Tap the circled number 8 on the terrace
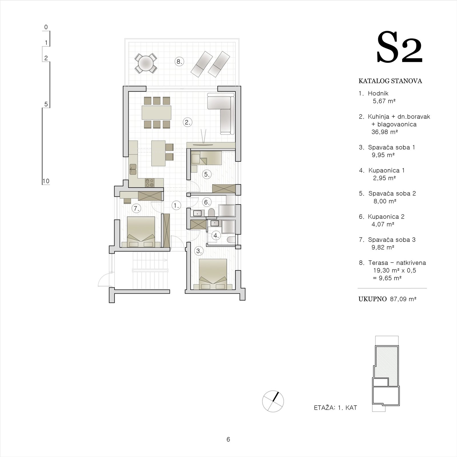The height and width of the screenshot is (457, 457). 179,61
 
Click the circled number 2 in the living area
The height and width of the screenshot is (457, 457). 187,123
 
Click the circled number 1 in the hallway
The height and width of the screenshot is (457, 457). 176,205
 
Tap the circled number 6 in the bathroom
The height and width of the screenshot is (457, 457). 207,202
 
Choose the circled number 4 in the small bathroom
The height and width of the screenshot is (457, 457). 216,236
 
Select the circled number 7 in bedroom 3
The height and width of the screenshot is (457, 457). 137,209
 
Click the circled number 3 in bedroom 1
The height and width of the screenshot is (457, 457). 199,251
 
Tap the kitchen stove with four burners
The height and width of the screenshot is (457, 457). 150,183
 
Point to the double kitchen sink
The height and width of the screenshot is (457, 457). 133,169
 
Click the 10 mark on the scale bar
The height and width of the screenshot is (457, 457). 46,181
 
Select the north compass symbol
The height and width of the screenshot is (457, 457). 273,401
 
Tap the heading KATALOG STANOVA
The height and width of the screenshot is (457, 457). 390,81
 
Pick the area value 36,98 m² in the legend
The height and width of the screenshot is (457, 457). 385,132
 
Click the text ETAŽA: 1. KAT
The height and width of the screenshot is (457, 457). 335,408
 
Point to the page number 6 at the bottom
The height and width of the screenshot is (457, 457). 228,440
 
